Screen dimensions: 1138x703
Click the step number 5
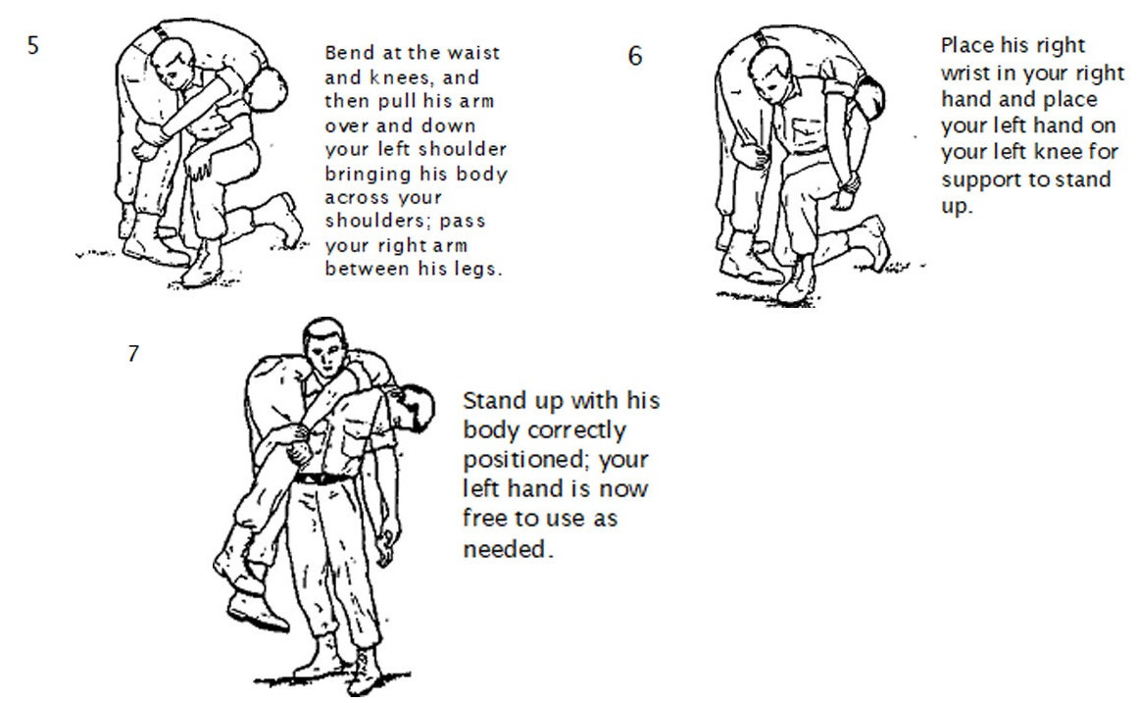(x=32, y=46)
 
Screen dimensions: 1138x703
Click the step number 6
(x=635, y=56)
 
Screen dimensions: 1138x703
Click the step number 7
(x=133, y=354)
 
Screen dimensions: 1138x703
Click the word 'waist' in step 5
(x=474, y=53)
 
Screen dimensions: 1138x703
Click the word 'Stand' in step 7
(x=493, y=401)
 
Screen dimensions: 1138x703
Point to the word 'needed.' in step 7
(x=508, y=549)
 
